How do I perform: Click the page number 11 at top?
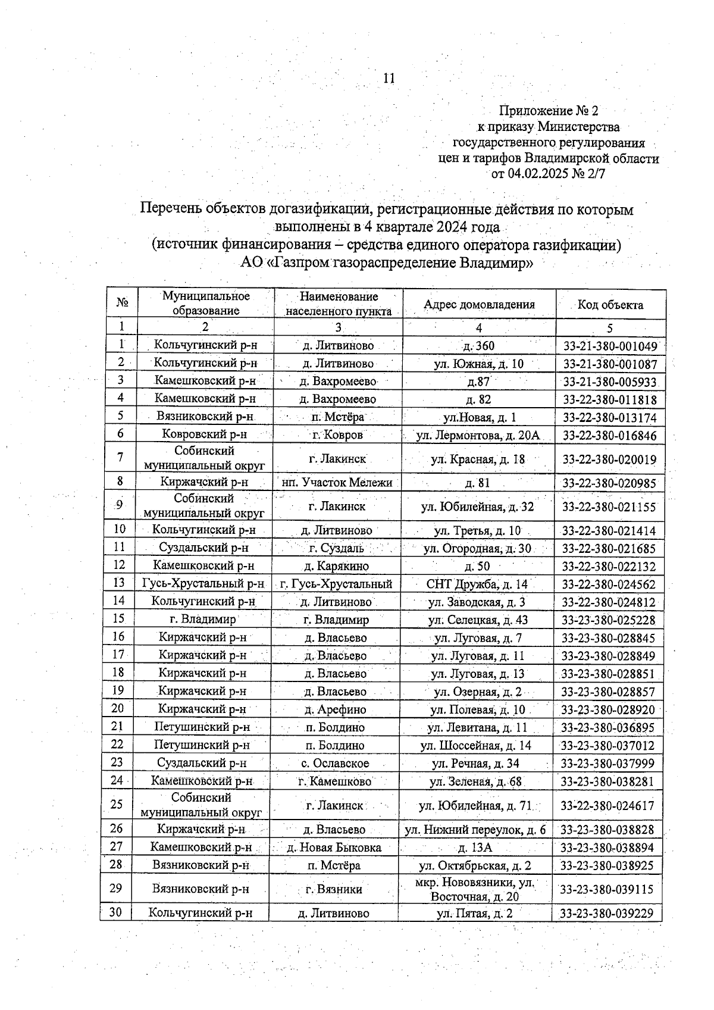click(389, 79)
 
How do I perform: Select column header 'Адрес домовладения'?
click(479, 305)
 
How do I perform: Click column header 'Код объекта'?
click(610, 305)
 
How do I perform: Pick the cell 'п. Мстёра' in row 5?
click(338, 417)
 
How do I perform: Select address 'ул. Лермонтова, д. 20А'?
click(478, 435)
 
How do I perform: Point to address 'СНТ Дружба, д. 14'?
click(477, 584)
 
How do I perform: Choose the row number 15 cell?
click(118, 619)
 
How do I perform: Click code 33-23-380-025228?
click(609, 620)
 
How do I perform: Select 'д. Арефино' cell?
click(335, 709)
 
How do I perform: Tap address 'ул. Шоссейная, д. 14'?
click(475, 745)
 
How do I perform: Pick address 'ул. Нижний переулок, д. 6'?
click(475, 830)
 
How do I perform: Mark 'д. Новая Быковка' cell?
click(334, 848)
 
